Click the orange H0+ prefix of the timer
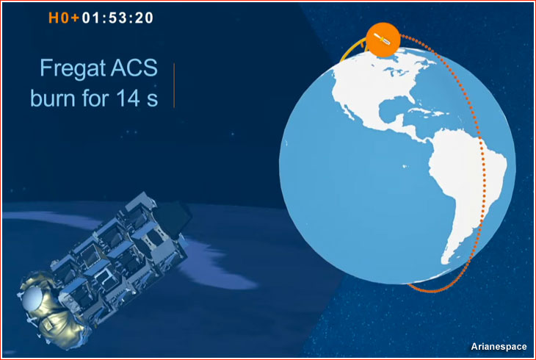click(x=64, y=18)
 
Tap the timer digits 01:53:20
click(x=117, y=18)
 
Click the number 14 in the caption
click(x=128, y=98)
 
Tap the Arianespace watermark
click(x=499, y=347)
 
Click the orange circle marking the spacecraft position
click(x=383, y=40)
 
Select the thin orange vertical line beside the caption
click(x=174, y=85)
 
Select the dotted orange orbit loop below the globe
click(x=441, y=287)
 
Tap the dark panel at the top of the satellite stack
click(x=172, y=218)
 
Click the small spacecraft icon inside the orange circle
click(x=382, y=39)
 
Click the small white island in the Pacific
click(x=405, y=166)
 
